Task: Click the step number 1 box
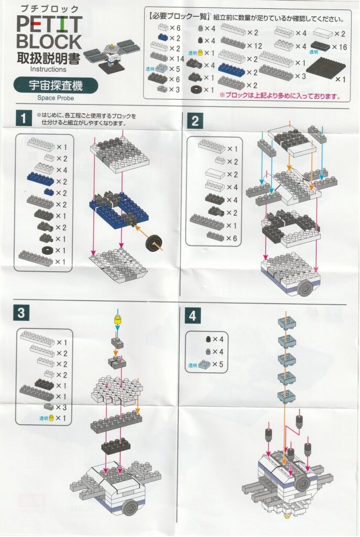[23, 119]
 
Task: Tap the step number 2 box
[195, 121]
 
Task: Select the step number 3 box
[21, 313]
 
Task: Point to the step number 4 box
[192, 315]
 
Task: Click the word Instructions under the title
[48, 69]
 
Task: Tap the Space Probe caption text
[56, 98]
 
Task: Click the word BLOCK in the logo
[49, 41]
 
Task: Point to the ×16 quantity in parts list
[339, 47]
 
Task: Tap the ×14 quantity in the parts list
[176, 59]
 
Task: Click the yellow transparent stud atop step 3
[118, 320]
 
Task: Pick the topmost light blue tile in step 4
[287, 323]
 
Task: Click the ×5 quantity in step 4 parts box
[217, 364]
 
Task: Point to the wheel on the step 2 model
[304, 289]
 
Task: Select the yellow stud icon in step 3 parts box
[51, 418]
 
